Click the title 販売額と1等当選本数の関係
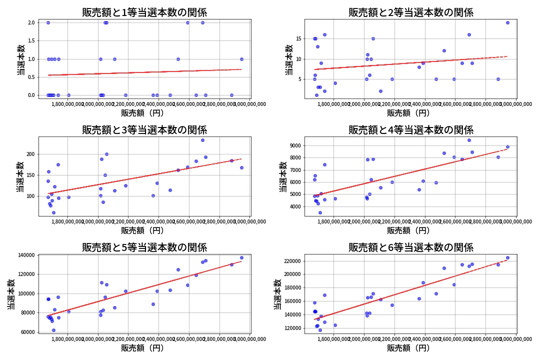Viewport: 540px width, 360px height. pos(144,12)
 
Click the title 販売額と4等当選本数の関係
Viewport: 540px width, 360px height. pos(410,130)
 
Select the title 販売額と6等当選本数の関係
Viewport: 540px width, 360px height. pos(410,247)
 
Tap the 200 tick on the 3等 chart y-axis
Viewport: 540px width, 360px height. pos(29,154)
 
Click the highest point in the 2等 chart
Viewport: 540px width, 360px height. pos(507,22)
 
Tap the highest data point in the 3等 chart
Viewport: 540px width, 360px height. pos(202,140)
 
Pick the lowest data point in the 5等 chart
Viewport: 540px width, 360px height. pos(53,330)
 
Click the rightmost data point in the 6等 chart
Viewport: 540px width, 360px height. pos(507,257)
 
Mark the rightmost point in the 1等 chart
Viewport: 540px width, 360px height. pos(241,59)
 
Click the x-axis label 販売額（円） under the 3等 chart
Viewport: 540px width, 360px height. pos(144,230)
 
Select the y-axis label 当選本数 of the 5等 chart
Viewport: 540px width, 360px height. pos(10,293)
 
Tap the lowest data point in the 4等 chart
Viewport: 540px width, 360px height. pos(320,212)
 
